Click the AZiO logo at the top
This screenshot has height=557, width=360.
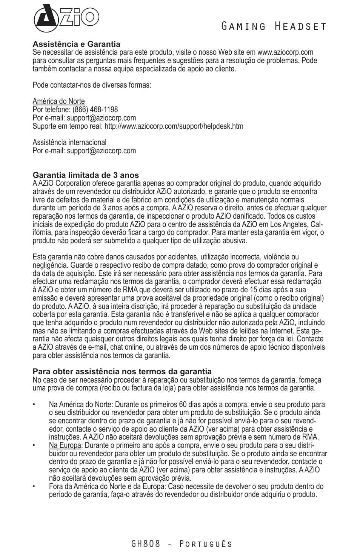pos(66,18)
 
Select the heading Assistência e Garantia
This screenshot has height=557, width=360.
pos(76,44)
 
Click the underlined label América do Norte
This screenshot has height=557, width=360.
pos(58,101)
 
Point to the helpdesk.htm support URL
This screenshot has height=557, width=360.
pos(174,126)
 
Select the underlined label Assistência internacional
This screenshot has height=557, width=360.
pos(69,142)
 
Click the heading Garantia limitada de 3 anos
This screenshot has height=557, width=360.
pos(86,175)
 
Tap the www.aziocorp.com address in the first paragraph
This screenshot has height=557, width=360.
pos(285,52)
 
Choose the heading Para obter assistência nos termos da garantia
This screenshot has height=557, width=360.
pos(122,371)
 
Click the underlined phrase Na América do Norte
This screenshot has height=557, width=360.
pos(80,404)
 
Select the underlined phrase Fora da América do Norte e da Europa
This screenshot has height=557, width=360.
pos(106,486)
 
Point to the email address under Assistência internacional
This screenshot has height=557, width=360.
pos(101,151)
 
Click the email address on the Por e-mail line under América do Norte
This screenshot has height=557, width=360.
pos(101,118)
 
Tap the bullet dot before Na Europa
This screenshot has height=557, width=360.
pos(34,446)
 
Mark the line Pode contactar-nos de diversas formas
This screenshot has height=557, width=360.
pos(92,85)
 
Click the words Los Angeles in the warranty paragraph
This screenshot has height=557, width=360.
pos(286,224)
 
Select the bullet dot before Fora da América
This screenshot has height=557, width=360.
pos(34,487)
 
